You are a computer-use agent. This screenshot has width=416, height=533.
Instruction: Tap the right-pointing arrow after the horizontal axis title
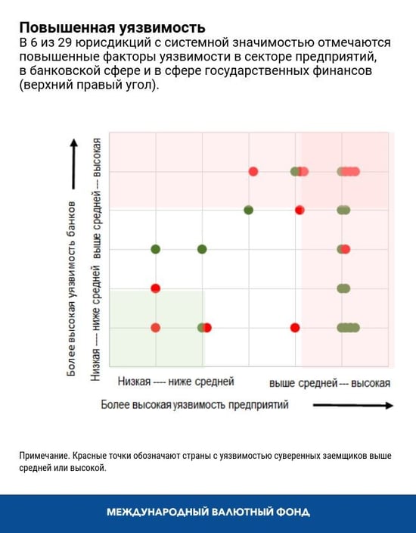[352, 406]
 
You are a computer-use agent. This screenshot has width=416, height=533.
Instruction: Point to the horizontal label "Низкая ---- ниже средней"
[176, 382]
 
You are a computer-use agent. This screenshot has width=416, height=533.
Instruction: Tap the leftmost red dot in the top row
[253, 171]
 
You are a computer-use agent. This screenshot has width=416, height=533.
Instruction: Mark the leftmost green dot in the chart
[156, 249]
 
